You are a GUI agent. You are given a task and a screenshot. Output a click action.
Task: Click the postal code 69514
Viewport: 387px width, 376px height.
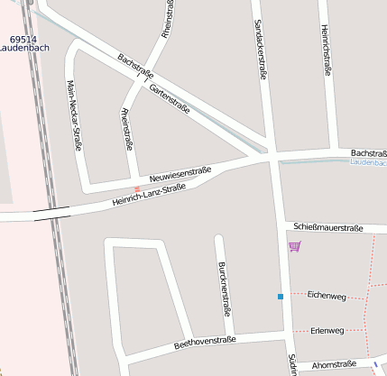coord(23,40)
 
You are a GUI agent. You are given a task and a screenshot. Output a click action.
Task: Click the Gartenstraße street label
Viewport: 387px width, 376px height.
coord(170,98)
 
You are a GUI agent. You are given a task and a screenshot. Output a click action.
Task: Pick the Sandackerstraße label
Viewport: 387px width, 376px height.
coord(260,50)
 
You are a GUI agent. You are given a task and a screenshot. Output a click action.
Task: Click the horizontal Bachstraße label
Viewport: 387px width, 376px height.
coord(368,153)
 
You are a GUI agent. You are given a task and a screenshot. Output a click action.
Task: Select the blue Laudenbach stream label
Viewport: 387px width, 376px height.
coord(368,163)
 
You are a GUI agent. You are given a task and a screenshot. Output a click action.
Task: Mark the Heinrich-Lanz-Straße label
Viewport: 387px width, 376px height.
coord(149,195)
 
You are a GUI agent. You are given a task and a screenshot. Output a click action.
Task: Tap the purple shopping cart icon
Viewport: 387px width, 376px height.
coord(294,246)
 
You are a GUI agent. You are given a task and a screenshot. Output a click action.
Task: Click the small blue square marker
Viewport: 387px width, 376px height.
coord(281,297)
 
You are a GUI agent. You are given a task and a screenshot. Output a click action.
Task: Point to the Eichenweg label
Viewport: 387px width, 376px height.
coord(326,296)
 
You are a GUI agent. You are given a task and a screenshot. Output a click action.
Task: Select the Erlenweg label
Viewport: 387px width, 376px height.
coord(326,331)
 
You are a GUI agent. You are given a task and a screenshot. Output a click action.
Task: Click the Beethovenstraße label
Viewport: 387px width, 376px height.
coord(204,342)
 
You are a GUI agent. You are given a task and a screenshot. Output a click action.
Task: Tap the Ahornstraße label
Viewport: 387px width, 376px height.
coord(333,365)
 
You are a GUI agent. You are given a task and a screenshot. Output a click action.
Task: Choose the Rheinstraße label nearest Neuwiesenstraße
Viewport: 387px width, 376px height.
coord(126,129)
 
